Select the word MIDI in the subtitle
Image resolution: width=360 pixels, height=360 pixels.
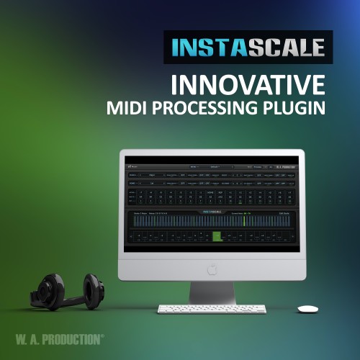[x=127, y=109]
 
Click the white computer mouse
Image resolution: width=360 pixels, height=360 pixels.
[x=308, y=308]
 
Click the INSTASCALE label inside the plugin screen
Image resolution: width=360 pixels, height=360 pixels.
[x=212, y=210]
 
